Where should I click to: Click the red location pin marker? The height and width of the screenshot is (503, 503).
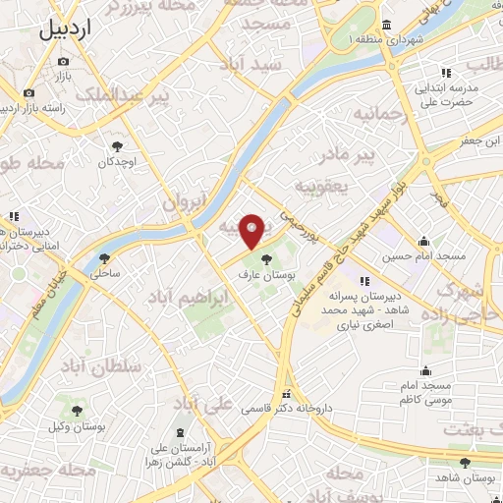click(x=252, y=230)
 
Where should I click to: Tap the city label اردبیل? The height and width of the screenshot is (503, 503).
click(x=68, y=29)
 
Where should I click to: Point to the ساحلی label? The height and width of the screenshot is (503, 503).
click(x=105, y=276)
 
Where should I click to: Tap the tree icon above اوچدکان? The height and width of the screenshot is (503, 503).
click(x=118, y=144)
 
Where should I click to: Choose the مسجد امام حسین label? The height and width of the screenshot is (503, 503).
click(x=423, y=257)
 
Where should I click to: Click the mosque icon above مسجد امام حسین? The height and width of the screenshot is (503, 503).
click(x=423, y=241)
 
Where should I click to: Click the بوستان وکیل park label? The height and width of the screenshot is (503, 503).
click(x=77, y=427)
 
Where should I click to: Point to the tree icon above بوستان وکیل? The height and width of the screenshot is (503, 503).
click(x=77, y=411)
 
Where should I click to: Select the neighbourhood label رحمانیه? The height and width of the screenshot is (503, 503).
click(x=378, y=114)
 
